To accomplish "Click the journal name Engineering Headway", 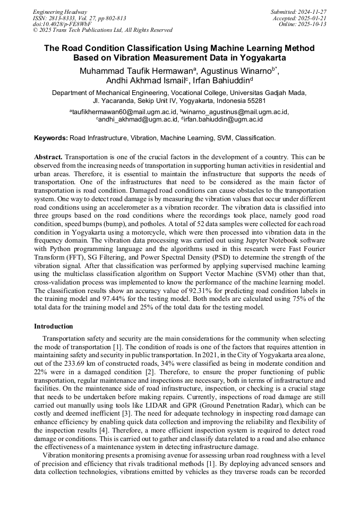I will [x=60, y=12].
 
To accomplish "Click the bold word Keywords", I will [x=51, y=138].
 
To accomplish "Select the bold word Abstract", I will [x=48, y=157].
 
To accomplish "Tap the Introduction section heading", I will [x=54, y=326].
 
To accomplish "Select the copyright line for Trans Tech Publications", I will [x=102, y=30].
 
